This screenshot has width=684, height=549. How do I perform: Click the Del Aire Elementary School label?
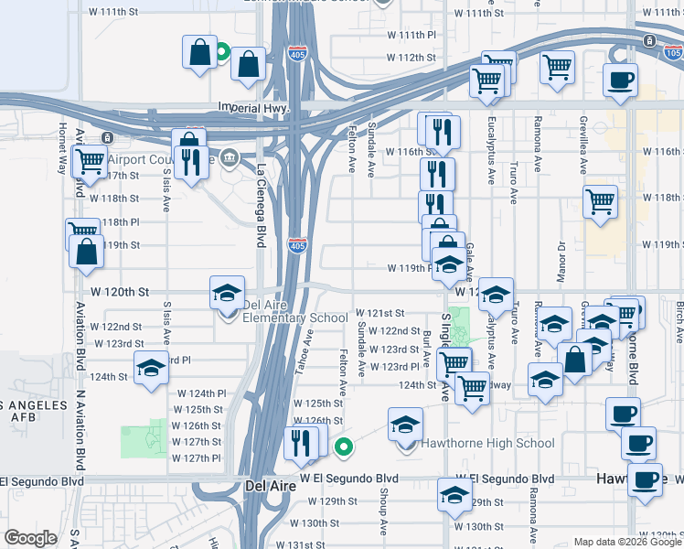coord(294,311)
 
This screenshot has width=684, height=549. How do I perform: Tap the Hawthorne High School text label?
coord(486,444)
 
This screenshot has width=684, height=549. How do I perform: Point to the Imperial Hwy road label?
coord(253,107)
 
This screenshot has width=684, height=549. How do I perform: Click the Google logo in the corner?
coord(30,537)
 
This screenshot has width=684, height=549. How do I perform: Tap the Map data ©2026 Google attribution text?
coord(627,542)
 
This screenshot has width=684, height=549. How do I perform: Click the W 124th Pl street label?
coord(201,393)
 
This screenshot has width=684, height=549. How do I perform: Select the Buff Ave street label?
coord(427,343)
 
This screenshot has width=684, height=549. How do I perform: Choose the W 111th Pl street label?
coord(406,35)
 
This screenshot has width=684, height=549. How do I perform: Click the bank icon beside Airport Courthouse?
coord(230,156)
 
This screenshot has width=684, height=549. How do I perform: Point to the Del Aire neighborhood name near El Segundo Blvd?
coord(272,486)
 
